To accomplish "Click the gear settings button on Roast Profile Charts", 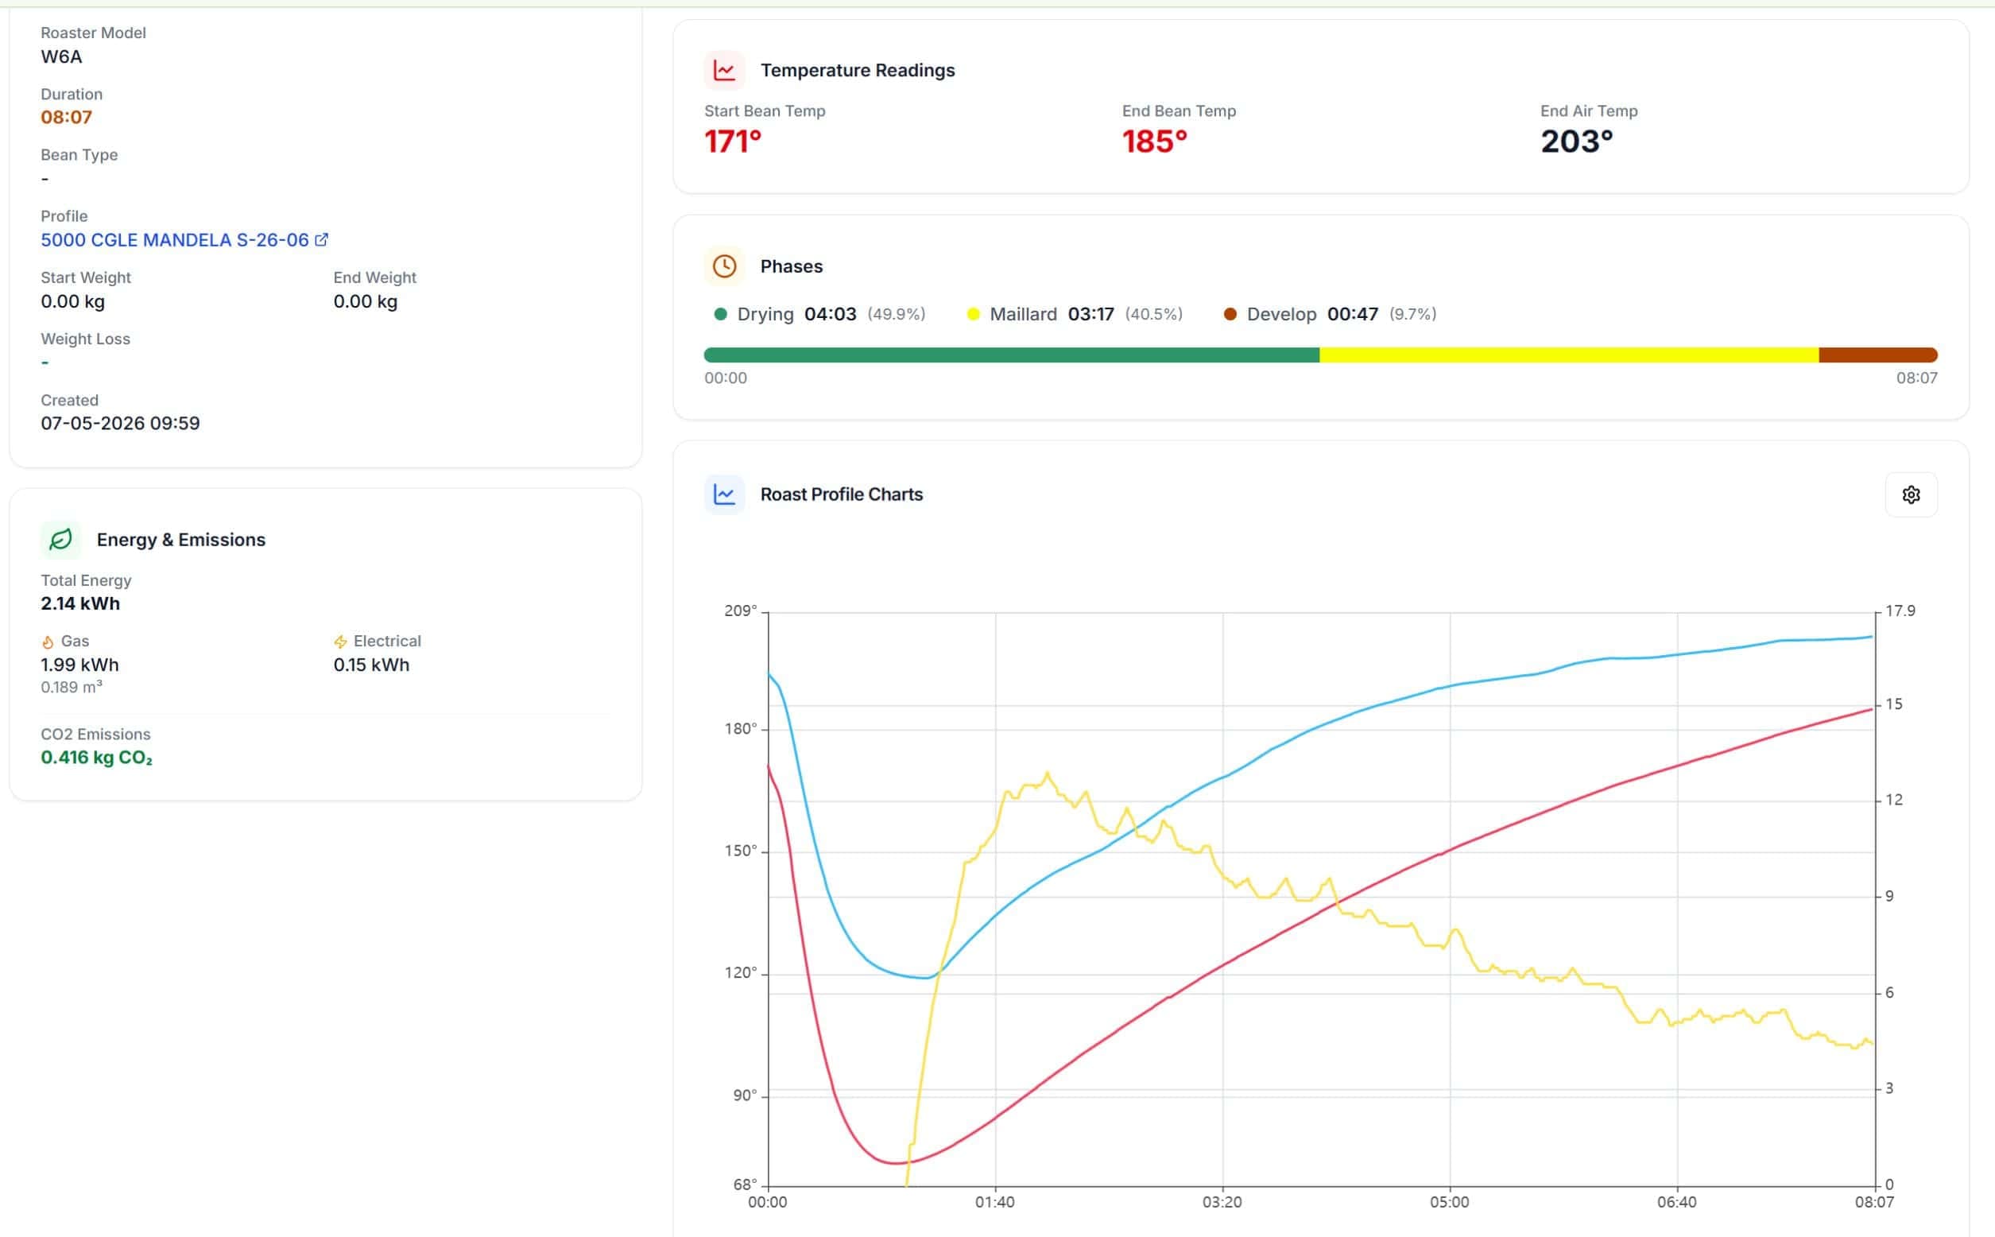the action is (x=1911, y=495).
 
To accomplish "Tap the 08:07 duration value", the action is (x=66, y=117).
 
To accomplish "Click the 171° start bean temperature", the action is (x=733, y=142).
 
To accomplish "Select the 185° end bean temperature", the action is (x=1154, y=142).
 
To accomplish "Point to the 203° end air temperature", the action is (x=1576, y=142).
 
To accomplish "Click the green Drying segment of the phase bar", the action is (x=1012, y=355).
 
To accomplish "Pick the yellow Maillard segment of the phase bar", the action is (x=1569, y=355).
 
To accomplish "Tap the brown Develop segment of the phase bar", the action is (x=1878, y=355).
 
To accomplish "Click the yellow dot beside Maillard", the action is (x=973, y=314).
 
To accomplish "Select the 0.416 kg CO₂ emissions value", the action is (x=96, y=758).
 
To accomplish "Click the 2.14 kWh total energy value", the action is (x=80, y=603).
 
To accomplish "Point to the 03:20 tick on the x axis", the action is (x=1222, y=1202).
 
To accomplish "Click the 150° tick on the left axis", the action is (x=740, y=851).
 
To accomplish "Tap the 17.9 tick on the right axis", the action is (x=1900, y=611).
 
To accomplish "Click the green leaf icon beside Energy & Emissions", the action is (x=60, y=540).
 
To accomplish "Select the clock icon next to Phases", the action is (x=724, y=266).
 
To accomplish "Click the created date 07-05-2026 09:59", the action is (x=120, y=423).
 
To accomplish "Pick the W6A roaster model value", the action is (x=61, y=56).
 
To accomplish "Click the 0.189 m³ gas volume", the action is (x=72, y=687).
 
